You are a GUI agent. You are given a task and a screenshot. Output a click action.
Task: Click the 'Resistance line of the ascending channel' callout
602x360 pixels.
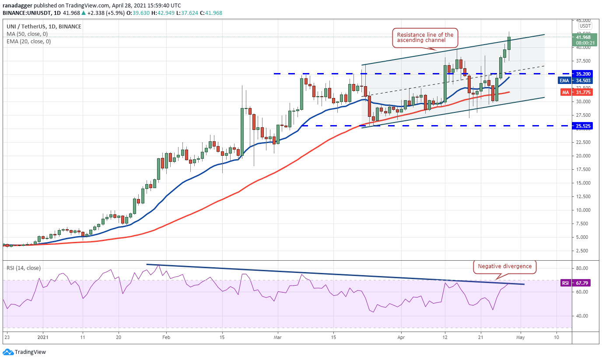pos(425,37)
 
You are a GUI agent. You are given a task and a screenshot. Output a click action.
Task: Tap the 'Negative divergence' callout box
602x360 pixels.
pos(504,266)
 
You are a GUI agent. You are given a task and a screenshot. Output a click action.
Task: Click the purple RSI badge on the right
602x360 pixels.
pos(565,283)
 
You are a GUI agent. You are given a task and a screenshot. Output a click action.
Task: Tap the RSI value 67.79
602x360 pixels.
pos(581,283)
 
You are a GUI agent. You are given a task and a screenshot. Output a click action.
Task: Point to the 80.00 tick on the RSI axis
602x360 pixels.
pos(581,268)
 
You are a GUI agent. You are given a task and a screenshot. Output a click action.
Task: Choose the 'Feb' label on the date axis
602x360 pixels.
pos(165,337)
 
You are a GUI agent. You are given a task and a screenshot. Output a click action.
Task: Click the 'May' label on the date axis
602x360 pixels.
pos(520,337)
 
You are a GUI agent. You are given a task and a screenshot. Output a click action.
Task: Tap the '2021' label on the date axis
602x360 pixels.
pos(43,337)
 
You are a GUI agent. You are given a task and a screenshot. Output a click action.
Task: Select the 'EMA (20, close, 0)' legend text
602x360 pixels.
pos(28,42)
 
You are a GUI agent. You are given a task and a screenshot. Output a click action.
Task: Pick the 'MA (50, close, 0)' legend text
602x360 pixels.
pos(27,34)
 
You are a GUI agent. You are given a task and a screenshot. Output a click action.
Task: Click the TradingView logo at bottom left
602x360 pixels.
pos(24,352)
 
